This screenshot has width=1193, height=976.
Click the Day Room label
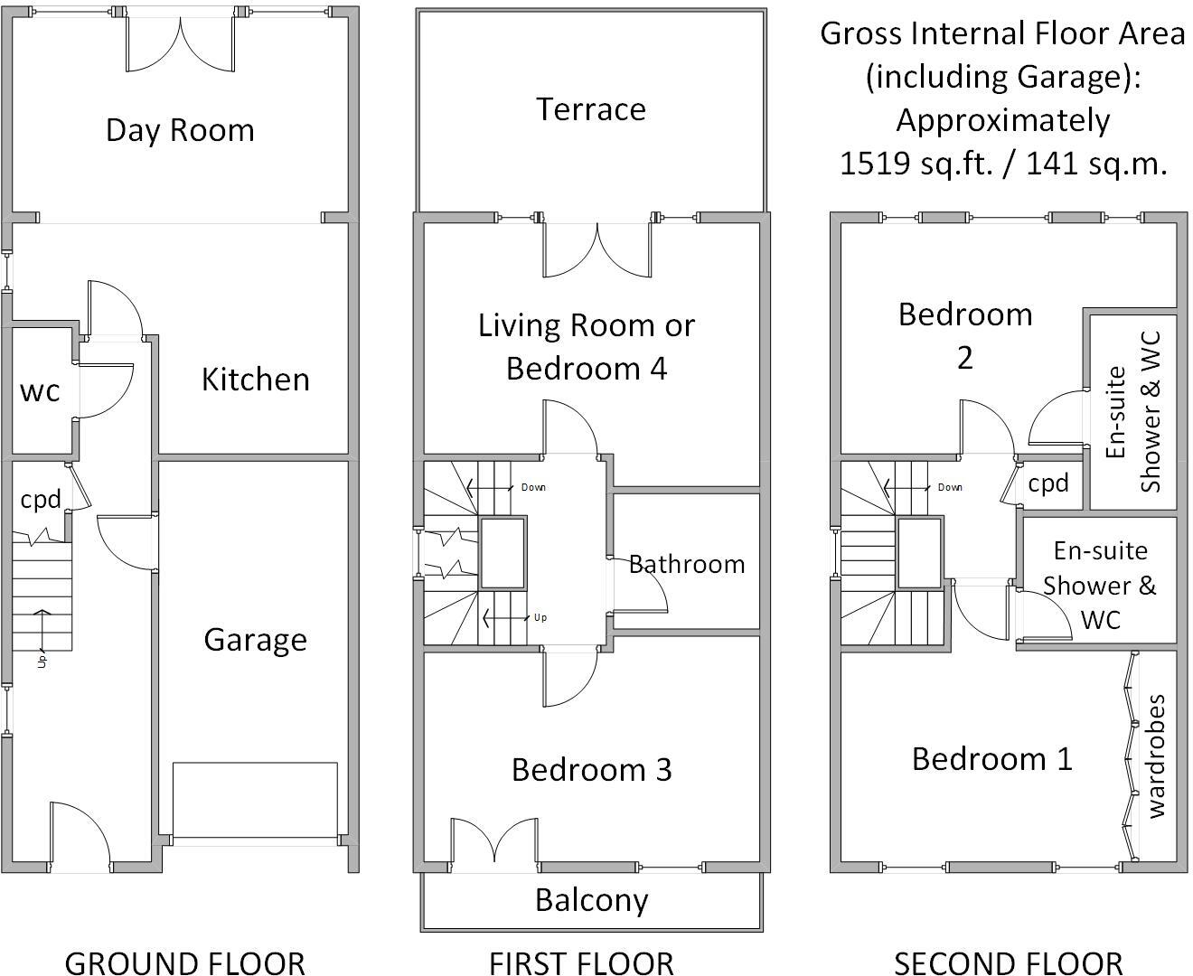[180, 130]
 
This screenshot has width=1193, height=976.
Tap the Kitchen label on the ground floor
[255, 380]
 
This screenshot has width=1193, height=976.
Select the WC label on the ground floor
[41, 391]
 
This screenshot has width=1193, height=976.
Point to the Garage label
[255, 640]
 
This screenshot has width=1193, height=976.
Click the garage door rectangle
[255, 800]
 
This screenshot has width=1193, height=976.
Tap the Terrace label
[591, 109]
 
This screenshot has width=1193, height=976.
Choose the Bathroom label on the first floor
[687, 564]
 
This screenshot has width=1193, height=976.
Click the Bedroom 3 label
[591, 769]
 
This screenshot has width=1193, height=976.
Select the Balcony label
[591, 900]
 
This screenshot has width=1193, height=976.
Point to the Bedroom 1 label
[991, 758]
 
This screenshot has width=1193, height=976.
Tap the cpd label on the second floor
[1048, 483]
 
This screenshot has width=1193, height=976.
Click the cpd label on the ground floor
[41, 499]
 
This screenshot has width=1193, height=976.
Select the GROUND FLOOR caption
[184, 962]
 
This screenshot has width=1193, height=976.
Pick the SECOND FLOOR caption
[1008, 962]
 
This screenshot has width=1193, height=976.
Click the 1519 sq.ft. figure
[913, 164]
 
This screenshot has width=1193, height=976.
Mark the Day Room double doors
[180, 45]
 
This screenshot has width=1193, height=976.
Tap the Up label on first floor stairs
[540, 618]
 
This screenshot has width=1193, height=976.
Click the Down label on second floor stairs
[950, 487]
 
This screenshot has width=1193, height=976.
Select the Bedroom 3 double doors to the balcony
[495, 842]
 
